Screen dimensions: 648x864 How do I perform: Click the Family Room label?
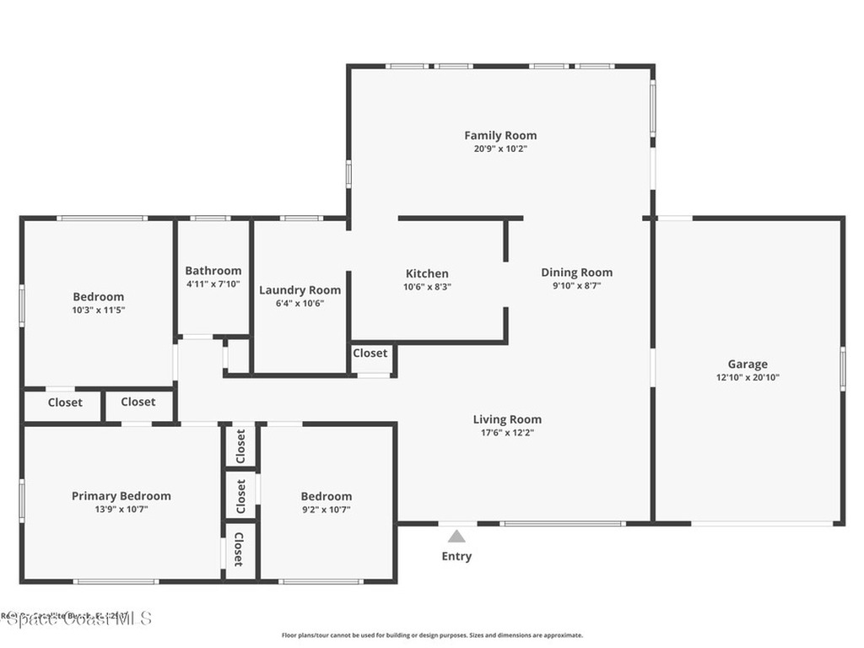(x=500, y=135)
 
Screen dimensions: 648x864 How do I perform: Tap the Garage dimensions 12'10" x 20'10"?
(x=748, y=377)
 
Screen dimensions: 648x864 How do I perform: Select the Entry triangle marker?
(x=456, y=536)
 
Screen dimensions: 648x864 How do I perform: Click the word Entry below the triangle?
(x=456, y=556)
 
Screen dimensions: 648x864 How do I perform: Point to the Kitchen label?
(x=427, y=273)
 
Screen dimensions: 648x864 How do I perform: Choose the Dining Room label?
(x=576, y=272)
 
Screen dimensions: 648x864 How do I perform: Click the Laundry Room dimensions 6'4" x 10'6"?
(x=300, y=303)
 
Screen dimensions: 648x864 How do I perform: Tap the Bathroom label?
(x=213, y=270)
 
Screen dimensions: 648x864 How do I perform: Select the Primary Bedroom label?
(x=121, y=495)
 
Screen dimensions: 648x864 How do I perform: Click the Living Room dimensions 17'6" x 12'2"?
(x=507, y=432)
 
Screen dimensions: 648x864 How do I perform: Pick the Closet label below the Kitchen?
(x=370, y=353)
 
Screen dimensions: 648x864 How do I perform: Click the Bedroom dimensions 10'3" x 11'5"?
(x=98, y=310)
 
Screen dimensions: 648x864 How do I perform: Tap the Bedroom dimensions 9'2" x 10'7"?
(x=326, y=509)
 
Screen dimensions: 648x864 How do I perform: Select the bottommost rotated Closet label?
(x=240, y=549)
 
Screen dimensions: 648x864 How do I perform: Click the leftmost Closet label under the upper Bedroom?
(x=65, y=402)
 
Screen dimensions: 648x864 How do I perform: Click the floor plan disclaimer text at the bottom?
(x=432, y=635)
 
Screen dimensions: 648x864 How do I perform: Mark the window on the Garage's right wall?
(x=842, y=368)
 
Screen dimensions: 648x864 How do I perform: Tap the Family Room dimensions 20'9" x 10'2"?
(x=500, y=148)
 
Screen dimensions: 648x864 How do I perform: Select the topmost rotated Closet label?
(x=240, y=445)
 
